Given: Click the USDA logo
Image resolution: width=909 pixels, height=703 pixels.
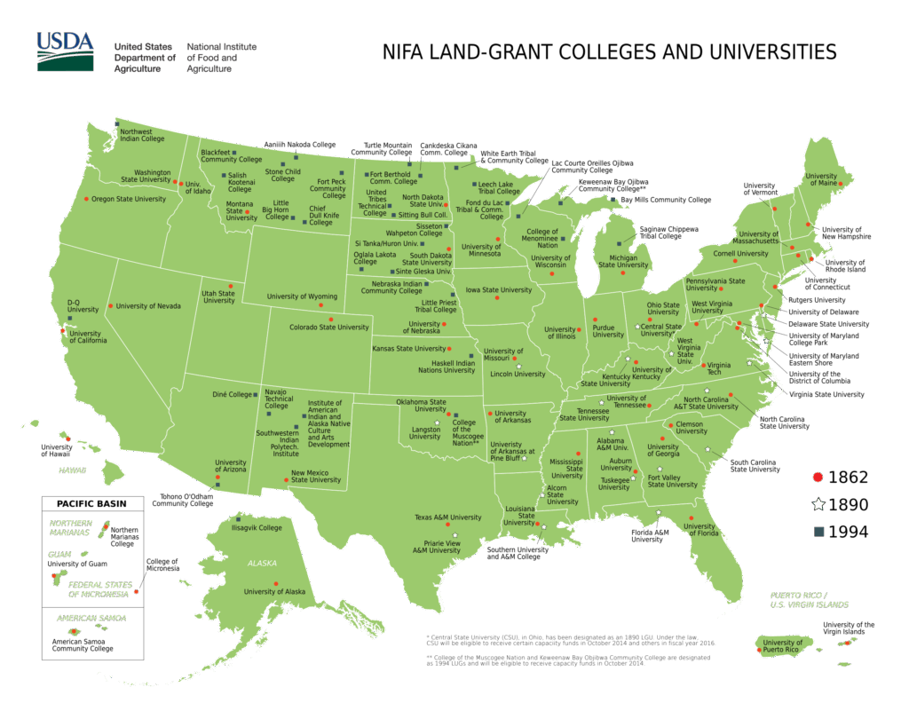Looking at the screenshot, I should [65, 51].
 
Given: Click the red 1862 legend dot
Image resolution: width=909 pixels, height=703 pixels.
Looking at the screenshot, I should [818, 478].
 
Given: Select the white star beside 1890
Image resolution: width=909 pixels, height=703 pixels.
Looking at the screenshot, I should [818, 505].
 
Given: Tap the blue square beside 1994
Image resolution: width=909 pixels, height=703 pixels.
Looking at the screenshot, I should [818, 533].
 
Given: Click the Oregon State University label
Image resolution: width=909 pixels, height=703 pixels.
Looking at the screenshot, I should [129, 199].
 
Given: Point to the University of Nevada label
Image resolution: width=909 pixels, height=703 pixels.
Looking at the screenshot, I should [148, 306].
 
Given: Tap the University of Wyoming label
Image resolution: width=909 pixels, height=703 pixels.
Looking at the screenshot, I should [302, 296].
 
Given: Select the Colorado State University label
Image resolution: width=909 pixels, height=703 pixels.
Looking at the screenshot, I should [329, 328].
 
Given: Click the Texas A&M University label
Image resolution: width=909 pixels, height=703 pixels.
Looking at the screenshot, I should [447, 517].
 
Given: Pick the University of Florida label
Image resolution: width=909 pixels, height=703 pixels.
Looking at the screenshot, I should [700, 529].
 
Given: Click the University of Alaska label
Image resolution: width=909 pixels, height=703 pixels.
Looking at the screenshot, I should [274, 591].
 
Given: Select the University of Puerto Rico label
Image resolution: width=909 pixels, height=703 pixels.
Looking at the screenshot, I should [782, 645].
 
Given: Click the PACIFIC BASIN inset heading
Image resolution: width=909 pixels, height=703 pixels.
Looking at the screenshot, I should [92, 504].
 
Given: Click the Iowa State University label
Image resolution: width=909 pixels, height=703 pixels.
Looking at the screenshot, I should [499, 290].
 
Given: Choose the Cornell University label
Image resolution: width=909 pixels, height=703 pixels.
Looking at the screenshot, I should [740, 254].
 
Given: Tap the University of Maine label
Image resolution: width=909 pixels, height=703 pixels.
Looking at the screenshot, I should [822, 180].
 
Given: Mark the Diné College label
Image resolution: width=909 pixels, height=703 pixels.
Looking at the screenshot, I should [233, 394].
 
